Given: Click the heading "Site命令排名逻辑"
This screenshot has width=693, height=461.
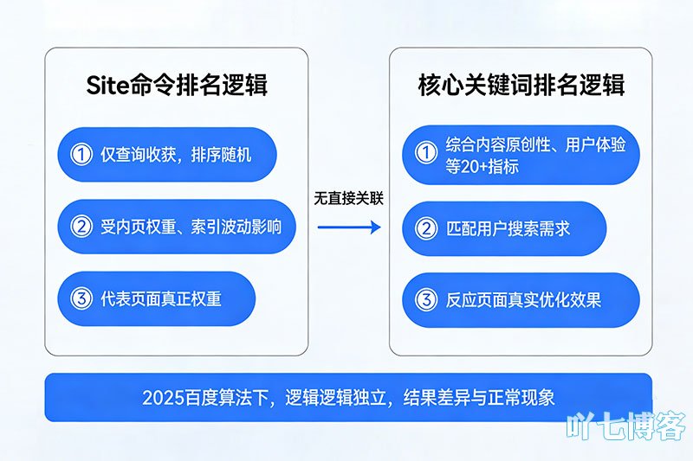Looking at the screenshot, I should pyautogui.click(x=177, y=85).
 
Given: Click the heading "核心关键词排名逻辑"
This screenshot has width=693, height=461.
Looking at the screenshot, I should pyautogui.click(x=521, y=85).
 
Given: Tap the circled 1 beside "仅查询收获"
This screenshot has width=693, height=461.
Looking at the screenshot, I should pyautogui.click(x=81, y=155).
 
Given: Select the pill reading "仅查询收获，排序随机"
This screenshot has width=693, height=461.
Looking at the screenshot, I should pyautogui.click(x=166, y=155).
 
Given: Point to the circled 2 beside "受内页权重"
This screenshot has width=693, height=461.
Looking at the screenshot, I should pyautogui.click(x=81, y=227).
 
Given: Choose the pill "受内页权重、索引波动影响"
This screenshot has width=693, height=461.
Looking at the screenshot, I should pyautogui.click(x=176, y=227).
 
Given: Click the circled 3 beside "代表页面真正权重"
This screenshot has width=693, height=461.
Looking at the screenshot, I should pyautogui.click(x=81, y=298).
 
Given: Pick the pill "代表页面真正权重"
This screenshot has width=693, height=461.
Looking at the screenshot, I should pyautogui.click(x=156, y=298).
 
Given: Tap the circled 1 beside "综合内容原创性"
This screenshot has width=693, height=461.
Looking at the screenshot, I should pyautogui.click(x=425, y=154).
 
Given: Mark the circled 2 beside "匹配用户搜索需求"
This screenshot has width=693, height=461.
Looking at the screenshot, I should pyautogui.click(x=425, y=228).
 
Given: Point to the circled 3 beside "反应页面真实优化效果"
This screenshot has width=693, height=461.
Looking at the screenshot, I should pyautogui.click(x=425, y=300).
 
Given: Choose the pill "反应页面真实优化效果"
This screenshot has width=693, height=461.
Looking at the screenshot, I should pyautogui.click(x=521, y=300).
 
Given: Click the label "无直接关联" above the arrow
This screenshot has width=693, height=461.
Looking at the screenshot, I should pyautogui.click(x=348, y=197).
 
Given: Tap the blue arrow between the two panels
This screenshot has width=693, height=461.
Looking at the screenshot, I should pyautogui.click(x=348, y=227).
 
